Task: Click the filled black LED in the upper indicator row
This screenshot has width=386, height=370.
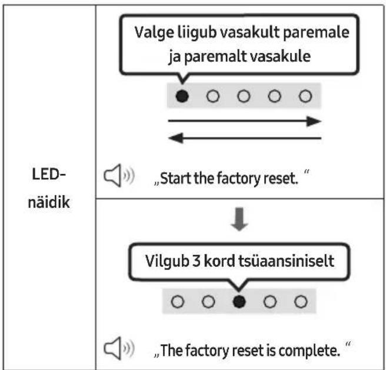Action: [x=182, y=96]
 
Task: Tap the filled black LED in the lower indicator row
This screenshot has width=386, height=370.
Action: [x=239, y=302]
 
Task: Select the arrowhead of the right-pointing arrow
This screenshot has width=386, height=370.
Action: [x=314, y=121]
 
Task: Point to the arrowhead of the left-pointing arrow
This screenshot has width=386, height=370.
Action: [x=176, y=138]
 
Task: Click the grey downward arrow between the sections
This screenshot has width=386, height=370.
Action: [x=239, y=219]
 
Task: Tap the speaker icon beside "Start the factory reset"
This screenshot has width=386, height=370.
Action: [x=119, y=175]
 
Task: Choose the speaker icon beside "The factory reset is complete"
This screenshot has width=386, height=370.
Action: [x=119, y=348]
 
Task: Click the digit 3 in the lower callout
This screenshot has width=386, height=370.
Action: [x=196, y=261]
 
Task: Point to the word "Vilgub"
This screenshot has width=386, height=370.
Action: [x=167, y=262]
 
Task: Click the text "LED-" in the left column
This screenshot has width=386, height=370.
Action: [x=49, y=174]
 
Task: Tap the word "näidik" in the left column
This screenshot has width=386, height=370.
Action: [x=49, y=202]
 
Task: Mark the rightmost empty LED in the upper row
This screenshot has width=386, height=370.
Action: [x=305, y=96]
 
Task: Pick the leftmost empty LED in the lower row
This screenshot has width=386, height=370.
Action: [x=178, y=302]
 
